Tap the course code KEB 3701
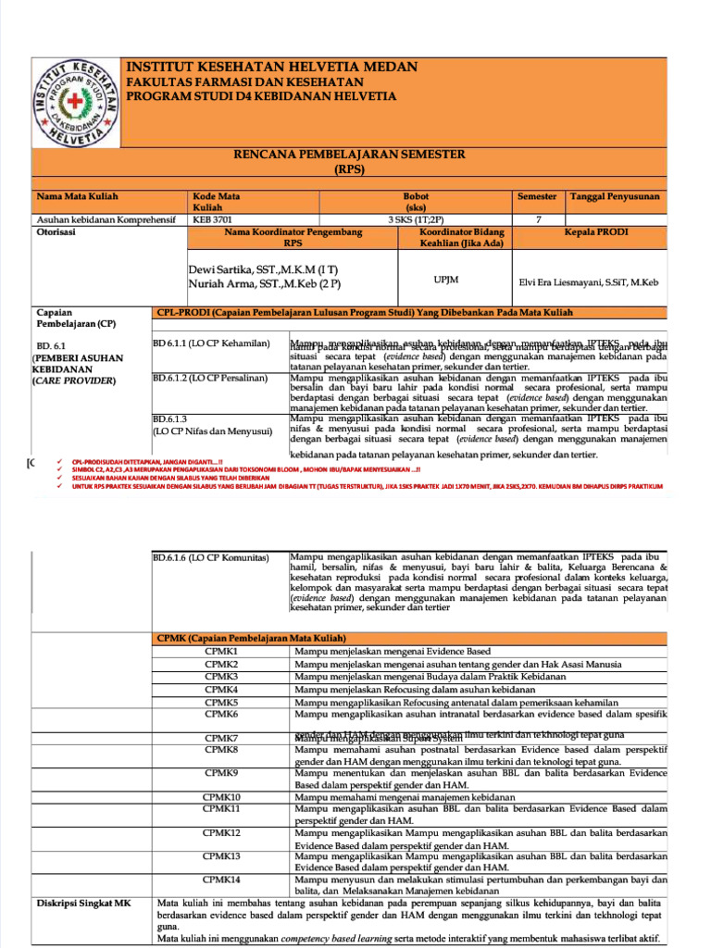214,219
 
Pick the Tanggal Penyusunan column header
616,196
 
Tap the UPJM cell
448,278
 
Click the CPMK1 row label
222,652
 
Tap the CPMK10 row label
222,796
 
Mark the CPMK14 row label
222,879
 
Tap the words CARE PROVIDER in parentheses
75,380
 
